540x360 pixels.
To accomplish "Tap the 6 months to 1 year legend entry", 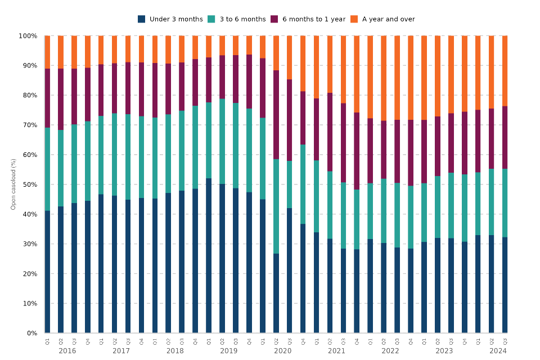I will (313, 19).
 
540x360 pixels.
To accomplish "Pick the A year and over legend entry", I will (388, 19).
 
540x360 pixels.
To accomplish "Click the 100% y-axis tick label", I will (28, 36).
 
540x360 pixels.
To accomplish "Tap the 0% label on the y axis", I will (31, 333).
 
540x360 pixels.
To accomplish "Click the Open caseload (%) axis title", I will (13, 184).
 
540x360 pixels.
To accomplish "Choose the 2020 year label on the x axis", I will (282, 351).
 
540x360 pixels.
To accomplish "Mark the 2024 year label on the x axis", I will (498, 351).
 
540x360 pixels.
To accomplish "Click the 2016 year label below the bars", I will (67, 351).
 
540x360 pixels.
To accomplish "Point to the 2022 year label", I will (390, 351).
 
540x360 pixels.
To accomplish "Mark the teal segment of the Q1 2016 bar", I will (47, 169).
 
